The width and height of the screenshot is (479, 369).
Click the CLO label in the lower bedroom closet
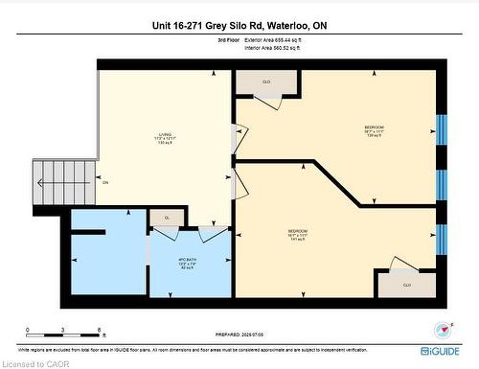tap(406, 285)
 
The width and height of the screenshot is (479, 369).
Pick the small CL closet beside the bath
tap(166, 217)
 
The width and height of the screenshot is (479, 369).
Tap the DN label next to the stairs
tap(105, 182)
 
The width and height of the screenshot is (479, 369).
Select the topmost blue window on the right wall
tap(442, 127)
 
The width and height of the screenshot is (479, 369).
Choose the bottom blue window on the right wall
tap(442, 236)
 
